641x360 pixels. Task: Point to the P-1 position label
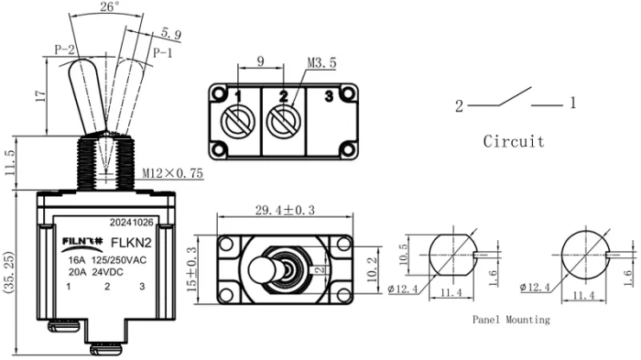[162, 53]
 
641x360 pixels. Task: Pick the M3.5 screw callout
[319, 65]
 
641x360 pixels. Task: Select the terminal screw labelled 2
[284, 118]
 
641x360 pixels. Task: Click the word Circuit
[514, 142]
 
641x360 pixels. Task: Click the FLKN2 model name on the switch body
[131, 243]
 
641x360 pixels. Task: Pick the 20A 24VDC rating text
[106, 270]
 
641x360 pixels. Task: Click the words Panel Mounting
[511, 320]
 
